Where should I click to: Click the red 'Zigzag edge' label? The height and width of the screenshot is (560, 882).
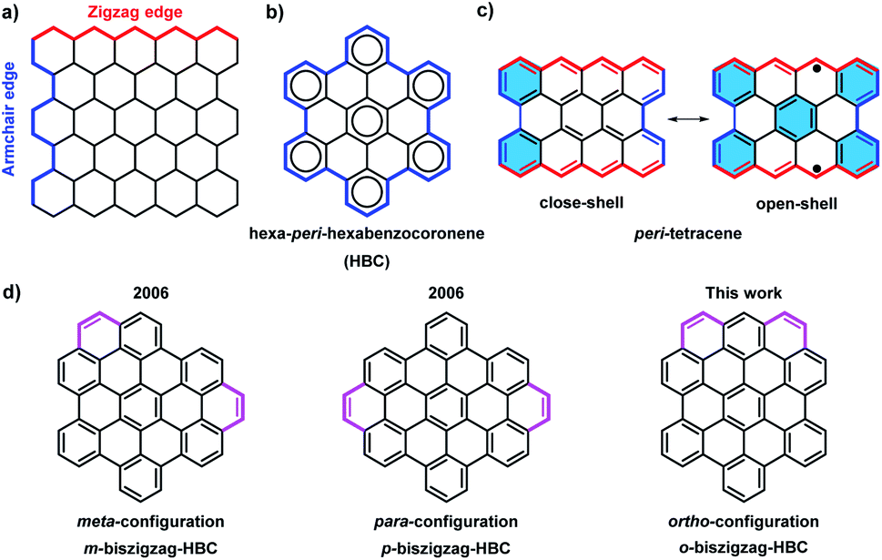(x=134, y=11)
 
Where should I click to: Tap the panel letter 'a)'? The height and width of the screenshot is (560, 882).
(x=11, y=12)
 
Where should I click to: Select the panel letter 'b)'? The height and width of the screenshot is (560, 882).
(x=276, y=12)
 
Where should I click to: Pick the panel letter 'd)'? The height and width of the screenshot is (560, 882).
(x=11, y=293)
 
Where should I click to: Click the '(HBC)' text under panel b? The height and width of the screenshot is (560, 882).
(x=367, y=261)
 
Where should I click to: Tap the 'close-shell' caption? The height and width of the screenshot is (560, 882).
(x=581, y=203)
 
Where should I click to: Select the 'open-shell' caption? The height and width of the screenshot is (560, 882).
(x=796, y=203)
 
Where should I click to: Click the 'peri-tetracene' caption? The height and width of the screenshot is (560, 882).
(x=687, y=233)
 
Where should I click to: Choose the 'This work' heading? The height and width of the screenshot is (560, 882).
(x=744, y=293)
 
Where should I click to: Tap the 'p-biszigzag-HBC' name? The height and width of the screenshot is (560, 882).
(x=446, y=546)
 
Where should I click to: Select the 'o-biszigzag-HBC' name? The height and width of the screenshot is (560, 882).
(x=743, y=546)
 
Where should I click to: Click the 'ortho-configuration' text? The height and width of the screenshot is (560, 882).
(x=743, y=521)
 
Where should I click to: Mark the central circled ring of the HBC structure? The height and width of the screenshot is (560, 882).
(x=367, y=118)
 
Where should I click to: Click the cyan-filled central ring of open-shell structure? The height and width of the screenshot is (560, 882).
(x=796, y=119)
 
